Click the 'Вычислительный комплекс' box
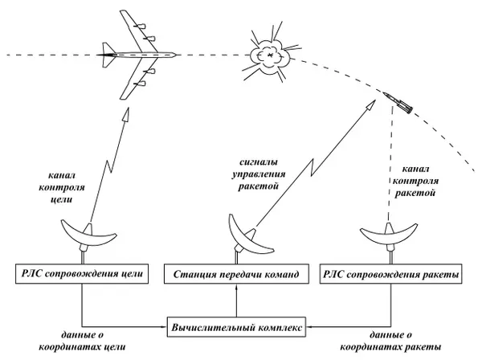(236, 327)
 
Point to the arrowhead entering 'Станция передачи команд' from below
(235, 291)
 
